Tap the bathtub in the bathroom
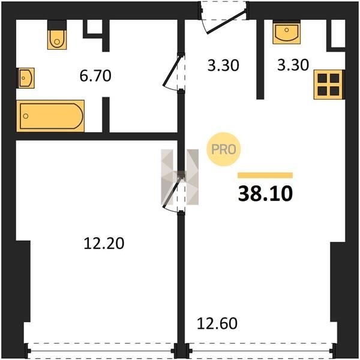(x=50, y=116)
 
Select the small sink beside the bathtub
(x=26, y=78)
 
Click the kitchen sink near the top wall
(x=287, y=32)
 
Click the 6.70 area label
(x=95, y=76)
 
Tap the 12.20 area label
(x=104, y=244)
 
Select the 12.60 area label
(x=217, y=323)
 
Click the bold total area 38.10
(x=265, y=193)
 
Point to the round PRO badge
(x=224, y=149)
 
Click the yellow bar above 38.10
(x=265, y=175)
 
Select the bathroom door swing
(x=174, y=73)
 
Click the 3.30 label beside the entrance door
(x=223, y=65)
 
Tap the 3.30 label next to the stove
(x=293, y=65)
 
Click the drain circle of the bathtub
(x=26, y=116)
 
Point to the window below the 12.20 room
(x=101, y=350)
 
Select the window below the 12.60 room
(x=260, y=350)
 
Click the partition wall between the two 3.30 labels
(x=260, y=59)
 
